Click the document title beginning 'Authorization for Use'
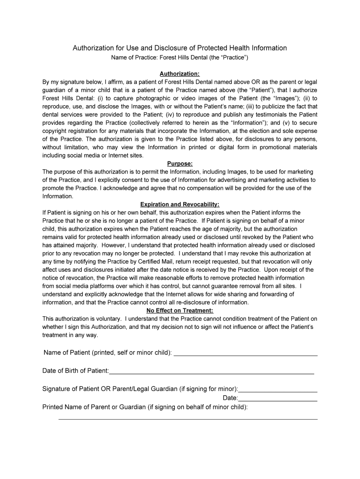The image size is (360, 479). (x=180, y=48)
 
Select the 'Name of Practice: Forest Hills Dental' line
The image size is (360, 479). (x=180, y=58)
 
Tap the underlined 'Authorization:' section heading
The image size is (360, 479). (x=180, y=74)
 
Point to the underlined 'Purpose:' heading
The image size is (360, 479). (x=180, y=164)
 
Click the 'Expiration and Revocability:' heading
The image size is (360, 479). (x=180, y=204)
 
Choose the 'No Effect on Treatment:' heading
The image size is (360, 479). (x=180, y=311)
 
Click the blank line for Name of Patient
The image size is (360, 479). (x=245, y=354)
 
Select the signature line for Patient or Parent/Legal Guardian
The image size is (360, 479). (x=278, y=390)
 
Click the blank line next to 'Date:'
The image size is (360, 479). (x=278, y=399)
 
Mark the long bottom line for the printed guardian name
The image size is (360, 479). (x=187, y=418)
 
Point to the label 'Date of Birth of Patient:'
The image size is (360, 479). (x=75, y=371)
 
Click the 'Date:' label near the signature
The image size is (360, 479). (x=230, y=398)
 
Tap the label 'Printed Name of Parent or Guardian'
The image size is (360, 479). (x=94, y=407)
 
